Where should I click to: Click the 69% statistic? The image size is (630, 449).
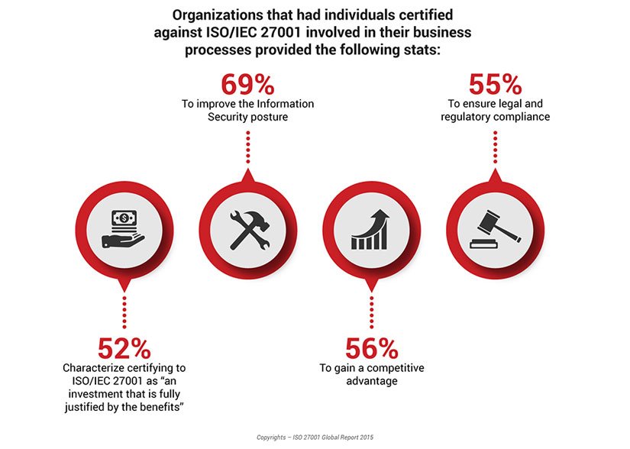point(247,85)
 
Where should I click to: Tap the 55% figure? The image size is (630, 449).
point(495,85)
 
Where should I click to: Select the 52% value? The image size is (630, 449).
point(124,349)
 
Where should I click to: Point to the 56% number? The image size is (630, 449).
point(371,349)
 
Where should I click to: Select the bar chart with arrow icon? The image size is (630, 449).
point(371,230)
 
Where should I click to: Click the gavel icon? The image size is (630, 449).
point(495,230)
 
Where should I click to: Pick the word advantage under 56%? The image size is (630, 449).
point(371,381)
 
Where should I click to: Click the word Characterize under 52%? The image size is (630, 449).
point(96,368)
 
